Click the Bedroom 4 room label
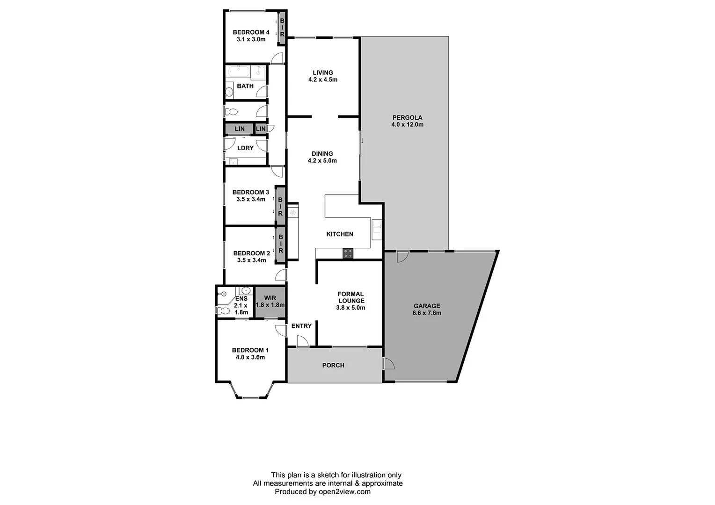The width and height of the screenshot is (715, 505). pyautogui.click(x=251, y=32)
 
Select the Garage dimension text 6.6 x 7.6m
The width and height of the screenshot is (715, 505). pyautogui.click(x=426, y=313)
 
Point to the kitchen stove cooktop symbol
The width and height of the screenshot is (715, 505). pyautogui.click(x=348, y=253)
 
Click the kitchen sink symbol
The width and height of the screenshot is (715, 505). pyautogui.click(x=377, y=229)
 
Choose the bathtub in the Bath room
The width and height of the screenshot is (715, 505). pyautogui.click(x=239, y=72)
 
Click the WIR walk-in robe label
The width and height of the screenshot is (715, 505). pyautogui.click(x=270, y=298)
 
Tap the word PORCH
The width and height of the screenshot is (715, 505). pyautogui.click(x=333, y=365)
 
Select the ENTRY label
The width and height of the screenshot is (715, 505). pyautogui.click(x=301, y=326)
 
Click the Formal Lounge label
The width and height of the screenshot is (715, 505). pyautogui.click(x=351, y=297)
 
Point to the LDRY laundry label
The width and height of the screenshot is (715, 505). pyautogui.click(x=245, y=148)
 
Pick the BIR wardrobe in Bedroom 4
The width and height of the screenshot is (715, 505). pyautogui.click(x=282, y=28)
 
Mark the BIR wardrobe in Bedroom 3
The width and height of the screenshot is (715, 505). pyautogui.click(x=280, y=206)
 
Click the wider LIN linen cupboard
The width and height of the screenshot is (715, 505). pyautogui.click(x=239, y=129)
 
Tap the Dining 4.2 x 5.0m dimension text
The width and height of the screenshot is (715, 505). pyautogui.click(x=322, y=160)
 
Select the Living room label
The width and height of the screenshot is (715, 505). pyautogui.click(x=323, y=72)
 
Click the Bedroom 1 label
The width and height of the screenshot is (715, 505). pyautogui.click(x=250, y=350)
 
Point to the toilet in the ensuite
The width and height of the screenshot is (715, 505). pyautogui.click(x=223, y=310)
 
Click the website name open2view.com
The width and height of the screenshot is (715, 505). pyautogui.click(x=344, y=491)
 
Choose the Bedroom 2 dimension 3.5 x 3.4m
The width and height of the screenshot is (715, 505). pyautogui.click(x=251, y=260)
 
